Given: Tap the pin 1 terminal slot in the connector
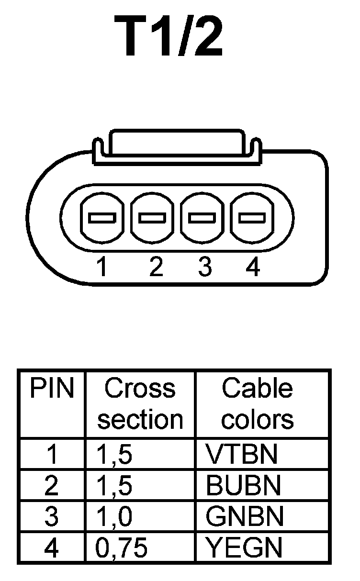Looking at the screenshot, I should point(101,218).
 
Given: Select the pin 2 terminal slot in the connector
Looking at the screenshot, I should point(152,218).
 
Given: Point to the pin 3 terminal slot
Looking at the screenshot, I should point(202,218).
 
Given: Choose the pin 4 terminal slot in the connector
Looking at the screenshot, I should point(252,218).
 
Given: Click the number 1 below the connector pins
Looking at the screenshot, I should point(101,268).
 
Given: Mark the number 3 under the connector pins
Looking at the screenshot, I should point(204,268).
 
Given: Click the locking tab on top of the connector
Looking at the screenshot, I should point(177,143).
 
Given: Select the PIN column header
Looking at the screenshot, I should point(52,390).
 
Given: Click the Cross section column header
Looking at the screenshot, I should point(140,404).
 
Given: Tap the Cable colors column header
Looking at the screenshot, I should point(257,404).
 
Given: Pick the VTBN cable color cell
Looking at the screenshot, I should point(241,454).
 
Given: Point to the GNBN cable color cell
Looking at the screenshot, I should point(244,516).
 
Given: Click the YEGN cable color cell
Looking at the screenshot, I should point(244,547).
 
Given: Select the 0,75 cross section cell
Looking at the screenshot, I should point(121,547).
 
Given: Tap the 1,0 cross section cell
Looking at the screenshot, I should point(113,516).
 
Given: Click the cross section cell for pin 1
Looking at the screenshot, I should point(113,454).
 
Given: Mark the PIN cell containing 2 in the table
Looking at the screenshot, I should point(51,485).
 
